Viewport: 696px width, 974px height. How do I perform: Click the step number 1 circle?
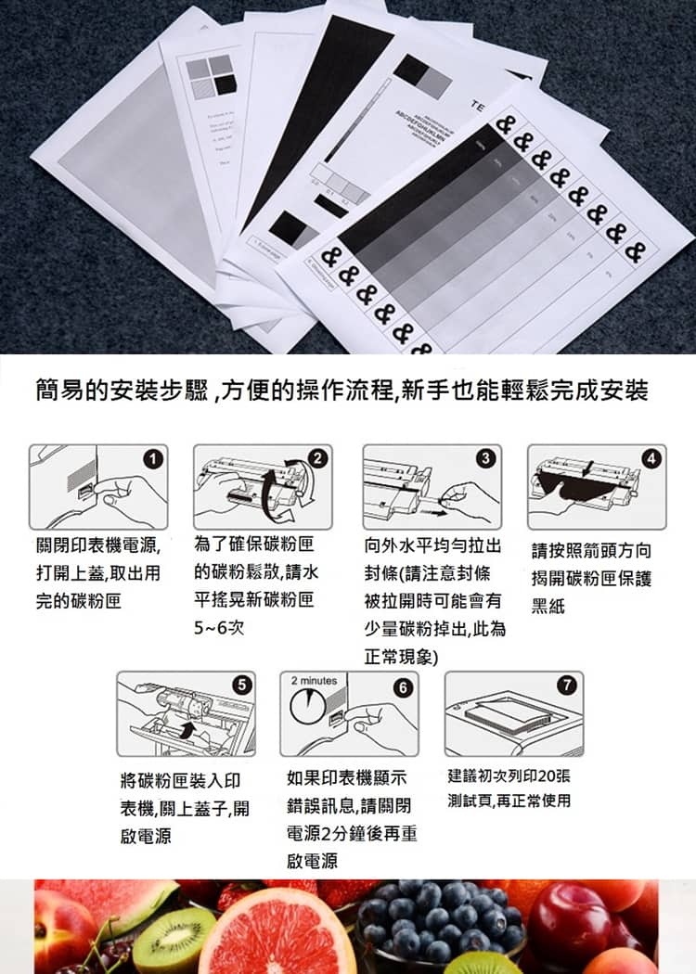pos(154,457)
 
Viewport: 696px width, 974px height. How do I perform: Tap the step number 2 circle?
pos(318,457)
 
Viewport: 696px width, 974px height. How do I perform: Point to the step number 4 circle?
pos(653,457)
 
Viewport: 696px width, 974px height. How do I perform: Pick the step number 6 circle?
pos(401,687)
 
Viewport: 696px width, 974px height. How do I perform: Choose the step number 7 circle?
pos(569,686)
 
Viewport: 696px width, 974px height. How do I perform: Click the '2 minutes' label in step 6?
pos(313,681)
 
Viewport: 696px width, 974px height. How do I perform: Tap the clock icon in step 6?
pos(311,710)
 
